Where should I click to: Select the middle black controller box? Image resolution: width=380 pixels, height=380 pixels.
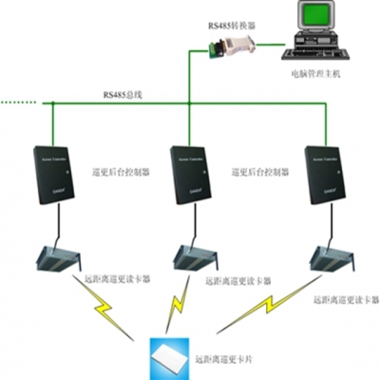189,177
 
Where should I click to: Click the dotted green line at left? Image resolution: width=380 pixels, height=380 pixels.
19,102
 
